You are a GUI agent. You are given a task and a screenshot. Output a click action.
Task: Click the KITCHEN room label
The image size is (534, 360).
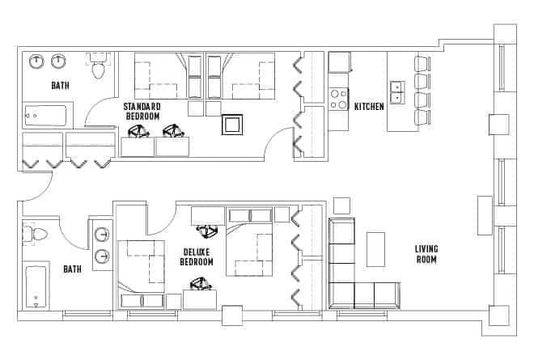(x=369, y=106)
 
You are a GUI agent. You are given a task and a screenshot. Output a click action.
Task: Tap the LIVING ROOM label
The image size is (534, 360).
(x=426, y=254)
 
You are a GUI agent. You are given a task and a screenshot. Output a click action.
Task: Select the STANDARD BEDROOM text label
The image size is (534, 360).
(x=142, y=112)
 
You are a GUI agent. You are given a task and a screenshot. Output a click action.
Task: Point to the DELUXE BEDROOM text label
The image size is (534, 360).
(x=197, y=257)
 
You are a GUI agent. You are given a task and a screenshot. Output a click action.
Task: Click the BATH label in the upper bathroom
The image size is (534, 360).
(x=60, y=85)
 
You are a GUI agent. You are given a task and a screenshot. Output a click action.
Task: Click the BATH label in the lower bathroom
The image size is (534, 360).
(x=73, y=269)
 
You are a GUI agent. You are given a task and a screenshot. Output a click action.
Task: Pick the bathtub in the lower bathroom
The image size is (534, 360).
(x=37, y=287)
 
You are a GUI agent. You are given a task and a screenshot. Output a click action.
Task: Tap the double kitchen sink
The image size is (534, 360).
(x=397, y=92)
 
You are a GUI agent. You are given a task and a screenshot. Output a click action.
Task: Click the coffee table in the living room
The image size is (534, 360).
(x=376, y=249)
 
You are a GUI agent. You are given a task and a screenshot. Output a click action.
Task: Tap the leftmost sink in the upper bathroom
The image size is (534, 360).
(x=37, y=61)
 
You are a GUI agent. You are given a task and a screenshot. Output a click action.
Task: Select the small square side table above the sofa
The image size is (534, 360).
(x=341, y=205)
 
